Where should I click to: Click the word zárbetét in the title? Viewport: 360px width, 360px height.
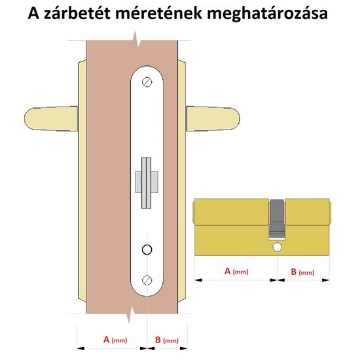[x=77, y=13]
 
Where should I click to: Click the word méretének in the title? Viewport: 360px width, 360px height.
[x=158, y=13]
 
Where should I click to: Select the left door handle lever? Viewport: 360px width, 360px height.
[x=51, y=118]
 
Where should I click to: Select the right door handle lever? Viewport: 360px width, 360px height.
[x=213, y=118]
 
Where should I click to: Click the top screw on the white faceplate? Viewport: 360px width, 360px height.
[x=147, y=82]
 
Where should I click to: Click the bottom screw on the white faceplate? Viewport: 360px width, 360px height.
[x=147, y=280]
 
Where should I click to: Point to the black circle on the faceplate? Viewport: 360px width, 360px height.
[x=147, y=249]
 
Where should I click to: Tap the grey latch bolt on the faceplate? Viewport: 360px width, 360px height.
[x=147, y=183]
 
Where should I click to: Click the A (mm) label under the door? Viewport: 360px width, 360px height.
[x=115, y=340]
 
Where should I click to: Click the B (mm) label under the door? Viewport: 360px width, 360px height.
[x=167, y=340]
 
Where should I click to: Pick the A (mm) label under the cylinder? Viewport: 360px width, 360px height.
[x=236, y=271]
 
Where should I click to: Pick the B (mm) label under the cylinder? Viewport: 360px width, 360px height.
[x=302, y=272]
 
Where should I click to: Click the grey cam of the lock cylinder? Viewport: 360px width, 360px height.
[x=277, y=219]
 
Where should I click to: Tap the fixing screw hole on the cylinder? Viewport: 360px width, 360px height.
[x=277, y=247]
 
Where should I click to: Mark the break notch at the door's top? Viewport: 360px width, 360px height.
[x=137, y=39]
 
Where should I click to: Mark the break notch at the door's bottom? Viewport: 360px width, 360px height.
[x=132, y=314]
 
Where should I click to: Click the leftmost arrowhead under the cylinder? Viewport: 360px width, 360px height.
[x=198, y=280]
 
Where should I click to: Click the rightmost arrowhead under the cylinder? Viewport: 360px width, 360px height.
[x=325, y=280]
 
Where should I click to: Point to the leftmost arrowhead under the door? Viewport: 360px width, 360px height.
[x=81, y=348]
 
